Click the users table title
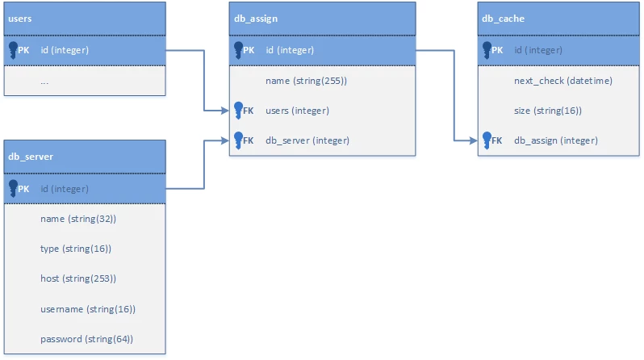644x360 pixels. point(19,19)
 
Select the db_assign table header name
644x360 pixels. point(256,19)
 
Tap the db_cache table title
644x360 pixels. point(503,19)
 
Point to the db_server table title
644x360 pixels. point(31,157)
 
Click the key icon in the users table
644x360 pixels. point(13,50)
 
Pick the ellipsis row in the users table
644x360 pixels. point(44,82)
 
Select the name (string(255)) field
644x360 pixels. point(306,81)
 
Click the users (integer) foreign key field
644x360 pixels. point(297,111)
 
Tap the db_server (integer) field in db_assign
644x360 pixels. point(307,140)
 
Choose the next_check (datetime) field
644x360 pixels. point(563,81)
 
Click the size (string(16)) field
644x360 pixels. point(547,111)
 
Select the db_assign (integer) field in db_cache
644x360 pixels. point(556,140)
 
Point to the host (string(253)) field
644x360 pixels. point(78,278)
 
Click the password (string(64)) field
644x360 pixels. point(86,339)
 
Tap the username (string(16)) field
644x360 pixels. point(88,309)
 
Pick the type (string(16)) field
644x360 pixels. point(76,249)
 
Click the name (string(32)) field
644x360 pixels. point(78,219)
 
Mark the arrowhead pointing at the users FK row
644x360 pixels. point(224,111)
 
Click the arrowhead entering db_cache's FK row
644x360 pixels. point(473,140)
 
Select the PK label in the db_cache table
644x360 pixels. point(497,50)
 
